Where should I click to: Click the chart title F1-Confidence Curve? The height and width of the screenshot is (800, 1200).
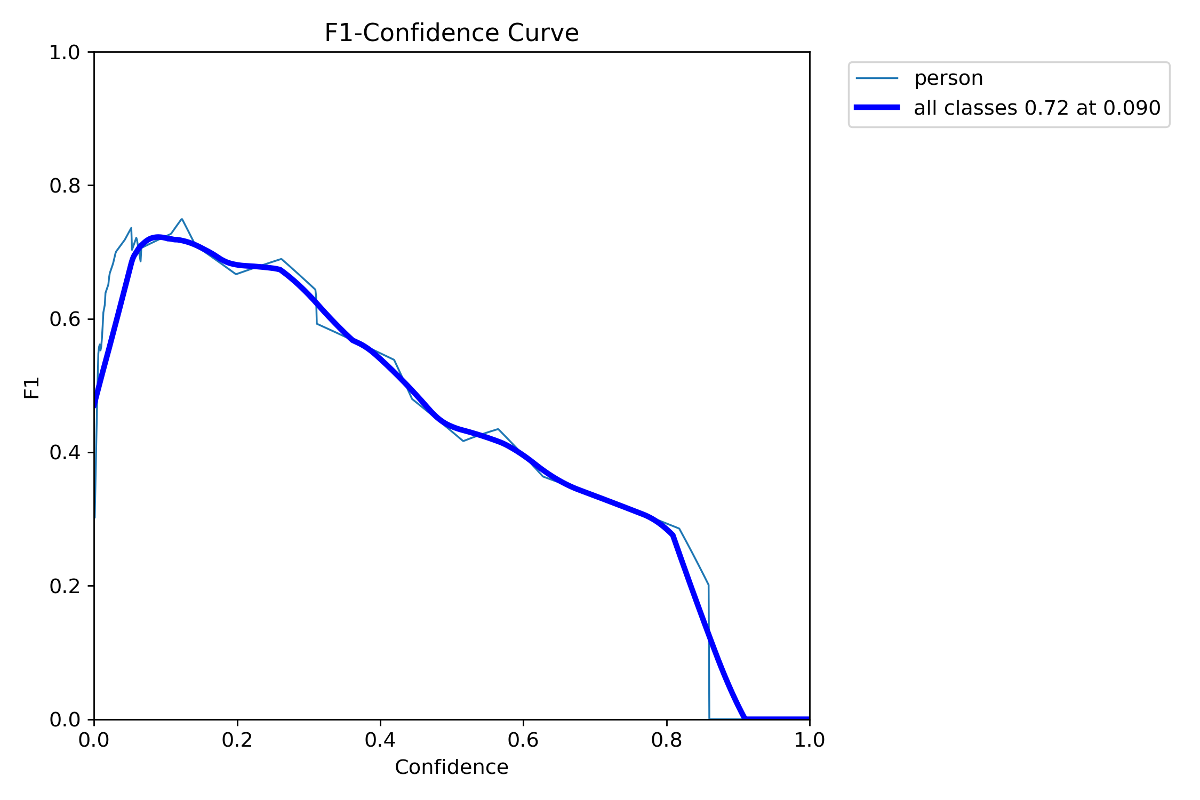click(451, 33)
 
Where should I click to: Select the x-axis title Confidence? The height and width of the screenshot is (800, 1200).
click(451, 767)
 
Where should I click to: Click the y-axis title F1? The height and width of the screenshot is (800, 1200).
click(32, 388)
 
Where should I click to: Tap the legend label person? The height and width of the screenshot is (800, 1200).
click(948, 78)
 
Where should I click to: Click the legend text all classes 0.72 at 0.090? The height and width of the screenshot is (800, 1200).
click(1037, 108)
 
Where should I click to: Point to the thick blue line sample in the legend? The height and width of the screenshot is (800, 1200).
click(877, 108)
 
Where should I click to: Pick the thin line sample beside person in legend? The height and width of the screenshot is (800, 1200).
click(877, 78)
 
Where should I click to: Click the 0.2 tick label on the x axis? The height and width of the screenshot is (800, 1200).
click(237, 740)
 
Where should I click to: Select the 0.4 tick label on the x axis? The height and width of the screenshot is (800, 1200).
click(380, 740)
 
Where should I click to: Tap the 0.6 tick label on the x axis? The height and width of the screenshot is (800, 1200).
click(523, 740)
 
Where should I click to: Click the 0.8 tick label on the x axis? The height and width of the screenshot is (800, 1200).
click(667, 740)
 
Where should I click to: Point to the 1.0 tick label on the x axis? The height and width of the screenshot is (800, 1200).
click(809, 740)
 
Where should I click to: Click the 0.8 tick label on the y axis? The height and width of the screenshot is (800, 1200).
click(65, 186)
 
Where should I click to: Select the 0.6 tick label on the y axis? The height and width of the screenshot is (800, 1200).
click(65, 319)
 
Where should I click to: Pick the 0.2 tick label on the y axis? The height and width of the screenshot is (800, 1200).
click(65, 586)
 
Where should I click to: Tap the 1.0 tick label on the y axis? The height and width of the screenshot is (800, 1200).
click(65, 52)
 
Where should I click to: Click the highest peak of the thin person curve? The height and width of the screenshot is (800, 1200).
click(182, 219)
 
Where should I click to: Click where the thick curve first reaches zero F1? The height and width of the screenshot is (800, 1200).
click(745, 718)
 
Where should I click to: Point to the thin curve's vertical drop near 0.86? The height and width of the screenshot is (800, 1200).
click(709, 651)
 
